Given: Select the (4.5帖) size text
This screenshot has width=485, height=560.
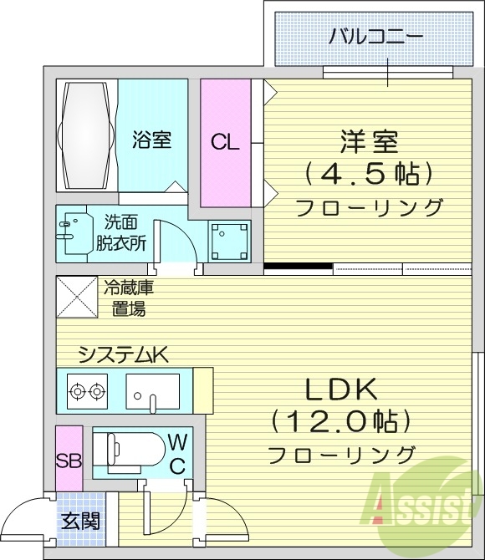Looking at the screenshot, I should pyautogui.click(x=369, y=173).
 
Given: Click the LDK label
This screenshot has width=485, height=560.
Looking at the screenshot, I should pyautogui.click(x=341, y=389).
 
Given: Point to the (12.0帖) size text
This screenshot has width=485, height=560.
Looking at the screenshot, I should pyautogui.click(x=341, y=420).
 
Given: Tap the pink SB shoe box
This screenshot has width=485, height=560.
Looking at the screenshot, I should pyautogui.click(x=69, y=458).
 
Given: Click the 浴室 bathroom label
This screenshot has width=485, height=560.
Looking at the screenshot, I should pyautogui.click(x=151, y=140).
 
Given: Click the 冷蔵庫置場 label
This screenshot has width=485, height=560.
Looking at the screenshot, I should pyautogui.click(x=129, y=298).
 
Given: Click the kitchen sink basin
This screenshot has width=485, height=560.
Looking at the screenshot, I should pyautogui.click(x=153, y=389).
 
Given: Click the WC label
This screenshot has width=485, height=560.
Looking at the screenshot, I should pyautogui.click(x=177, y=454).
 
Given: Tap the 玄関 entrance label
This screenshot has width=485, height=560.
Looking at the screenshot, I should pyautogui.click(x=81, y=522).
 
